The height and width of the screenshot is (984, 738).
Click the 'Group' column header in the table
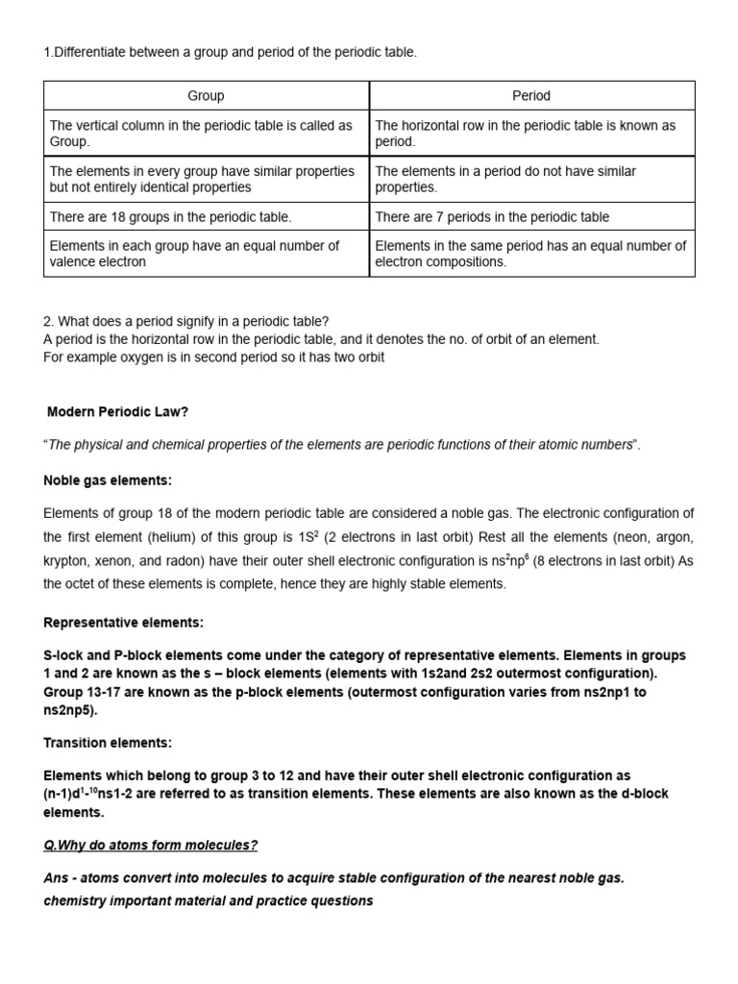click(x=206, y=95)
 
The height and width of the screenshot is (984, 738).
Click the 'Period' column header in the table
click(x=531, y=95)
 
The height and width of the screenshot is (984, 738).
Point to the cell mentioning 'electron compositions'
click(x=530, y=254)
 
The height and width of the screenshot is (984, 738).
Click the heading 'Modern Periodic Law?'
click(x=118, y=411)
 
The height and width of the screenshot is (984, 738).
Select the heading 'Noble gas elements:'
click(x=108, y=480)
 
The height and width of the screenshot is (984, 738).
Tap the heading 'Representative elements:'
click(x=124, y=623)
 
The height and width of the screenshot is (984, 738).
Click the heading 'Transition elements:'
click(x=108, y=743)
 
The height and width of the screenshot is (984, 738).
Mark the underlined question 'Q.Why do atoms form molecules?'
click(x=151, y=845)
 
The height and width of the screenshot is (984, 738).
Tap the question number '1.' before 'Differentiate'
click(x=48, y=52)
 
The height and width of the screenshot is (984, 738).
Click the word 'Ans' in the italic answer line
click(x=57, y=878)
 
